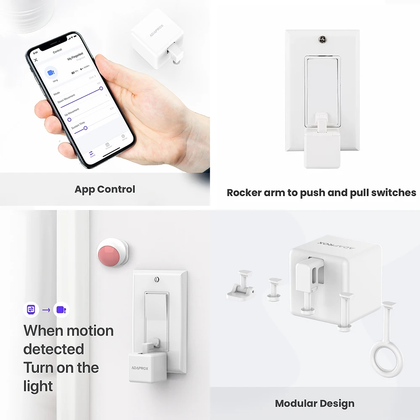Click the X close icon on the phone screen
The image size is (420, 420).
(36, 60)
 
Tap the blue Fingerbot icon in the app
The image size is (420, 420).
(51, 73)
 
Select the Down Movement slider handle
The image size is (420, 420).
(101, 88)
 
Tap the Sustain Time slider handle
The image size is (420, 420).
(85, 128)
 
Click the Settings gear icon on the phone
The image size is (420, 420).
(123, 136)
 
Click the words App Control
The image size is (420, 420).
(105, 189)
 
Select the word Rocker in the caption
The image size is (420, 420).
(243, 193)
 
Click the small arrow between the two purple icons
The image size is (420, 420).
(46, 310)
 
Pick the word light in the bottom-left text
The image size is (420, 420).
(38, 386)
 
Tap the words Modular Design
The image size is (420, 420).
(315, 404)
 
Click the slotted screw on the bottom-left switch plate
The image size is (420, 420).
(157, 278)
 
